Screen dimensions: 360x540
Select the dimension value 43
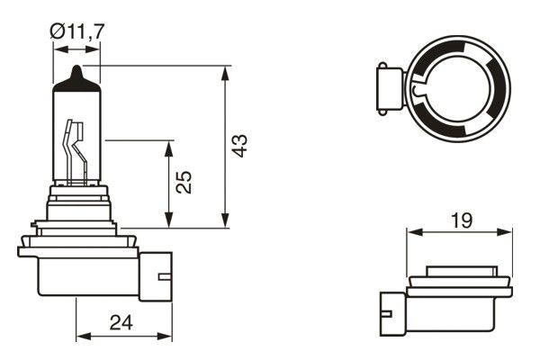(239, 147)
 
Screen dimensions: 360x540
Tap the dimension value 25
(184, 184)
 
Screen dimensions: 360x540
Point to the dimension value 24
(123, 321)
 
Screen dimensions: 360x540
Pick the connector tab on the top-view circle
(385, 91)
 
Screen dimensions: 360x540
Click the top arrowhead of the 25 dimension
(169, 146)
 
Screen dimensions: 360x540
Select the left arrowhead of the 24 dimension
(82, 336)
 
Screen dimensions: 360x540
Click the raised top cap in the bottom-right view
(460, 270)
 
